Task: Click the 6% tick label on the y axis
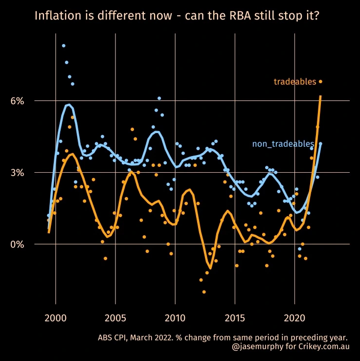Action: point(17,101)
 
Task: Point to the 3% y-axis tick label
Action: point(17,173)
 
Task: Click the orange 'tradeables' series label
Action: point(295,82)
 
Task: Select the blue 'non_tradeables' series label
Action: point(283,144)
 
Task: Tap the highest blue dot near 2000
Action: point(64,45)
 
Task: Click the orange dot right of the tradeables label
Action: point(321,82)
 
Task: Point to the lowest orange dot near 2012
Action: point(204,292)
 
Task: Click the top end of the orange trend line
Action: point(320,96)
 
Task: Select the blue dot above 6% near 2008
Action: point(159,98)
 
